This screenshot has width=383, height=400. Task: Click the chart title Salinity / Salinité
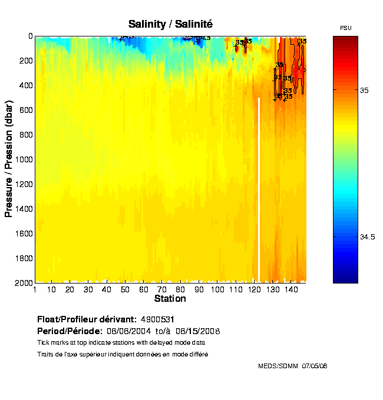click(170, 24)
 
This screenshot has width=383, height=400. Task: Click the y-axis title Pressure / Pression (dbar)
click(9, 159)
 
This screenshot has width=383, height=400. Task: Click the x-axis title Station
click(170, 299)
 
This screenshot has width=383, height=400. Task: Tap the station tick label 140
click(291, 289)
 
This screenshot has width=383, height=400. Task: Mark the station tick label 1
click(35, 289)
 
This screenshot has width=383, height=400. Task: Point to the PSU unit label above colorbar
click(345, 28)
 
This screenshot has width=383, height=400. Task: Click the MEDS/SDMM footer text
click(278, 366)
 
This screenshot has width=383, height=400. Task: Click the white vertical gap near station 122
click(259, 188)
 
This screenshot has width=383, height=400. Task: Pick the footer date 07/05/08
click(314, 366)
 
